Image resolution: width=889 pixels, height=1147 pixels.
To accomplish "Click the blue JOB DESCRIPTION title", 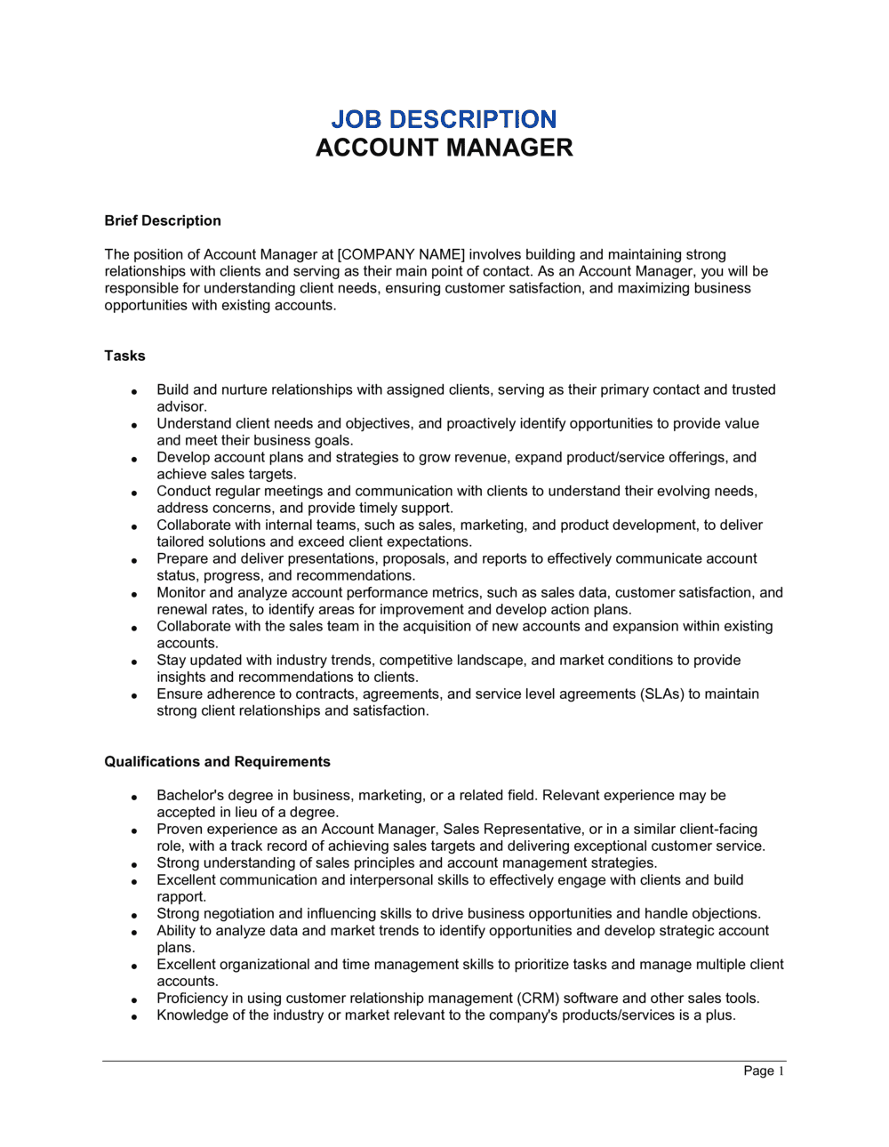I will click(x=444, y=119).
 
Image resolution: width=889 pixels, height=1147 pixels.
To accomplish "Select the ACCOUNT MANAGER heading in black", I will click(x=444, y=148).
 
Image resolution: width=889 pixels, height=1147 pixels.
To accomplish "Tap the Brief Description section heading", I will click(x=163, y=221).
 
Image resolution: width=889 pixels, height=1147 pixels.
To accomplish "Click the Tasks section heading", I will click(x=124, y=356).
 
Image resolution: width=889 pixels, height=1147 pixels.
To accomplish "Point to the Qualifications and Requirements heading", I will click(x=217, y=762).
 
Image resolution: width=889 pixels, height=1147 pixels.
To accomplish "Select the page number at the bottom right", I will click(x=764, y=1071).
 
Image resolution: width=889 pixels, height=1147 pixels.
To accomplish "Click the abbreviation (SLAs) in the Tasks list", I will click(x=662, y=694).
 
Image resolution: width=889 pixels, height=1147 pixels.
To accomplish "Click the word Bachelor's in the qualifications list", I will click(x=189, y=796).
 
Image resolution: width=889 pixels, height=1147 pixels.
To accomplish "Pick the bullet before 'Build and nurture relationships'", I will click(x=134, y=391).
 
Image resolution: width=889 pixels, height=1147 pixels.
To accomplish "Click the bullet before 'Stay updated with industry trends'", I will click(x=134, y=662).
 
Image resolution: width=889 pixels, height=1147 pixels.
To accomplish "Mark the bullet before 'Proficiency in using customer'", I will click(x=134, y=999).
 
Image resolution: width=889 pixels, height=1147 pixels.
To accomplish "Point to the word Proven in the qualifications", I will click(x=180, y=830).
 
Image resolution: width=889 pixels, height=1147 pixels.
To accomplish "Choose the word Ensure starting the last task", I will click(x=180, y=694).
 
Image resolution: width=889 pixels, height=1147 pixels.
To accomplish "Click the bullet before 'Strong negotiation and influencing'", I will click(x=134, y=915).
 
